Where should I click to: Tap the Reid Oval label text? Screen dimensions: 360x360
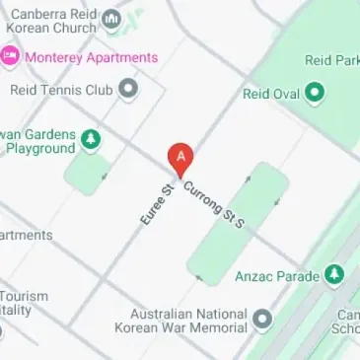point(269,95)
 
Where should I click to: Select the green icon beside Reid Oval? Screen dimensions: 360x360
point(315,95)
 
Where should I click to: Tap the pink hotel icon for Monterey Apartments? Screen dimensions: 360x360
point(10,56)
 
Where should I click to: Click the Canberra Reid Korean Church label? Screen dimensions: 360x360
point(54,21)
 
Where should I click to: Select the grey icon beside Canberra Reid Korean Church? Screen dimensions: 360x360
point(110,21)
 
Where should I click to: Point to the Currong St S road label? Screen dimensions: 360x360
point(213,204)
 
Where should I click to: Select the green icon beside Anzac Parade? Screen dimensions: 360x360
point(334,275)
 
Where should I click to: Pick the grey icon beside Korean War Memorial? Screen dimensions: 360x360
point(262,320)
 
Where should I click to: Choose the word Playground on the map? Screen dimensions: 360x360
point(40,149)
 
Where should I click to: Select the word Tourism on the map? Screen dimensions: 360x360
point(24,297)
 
